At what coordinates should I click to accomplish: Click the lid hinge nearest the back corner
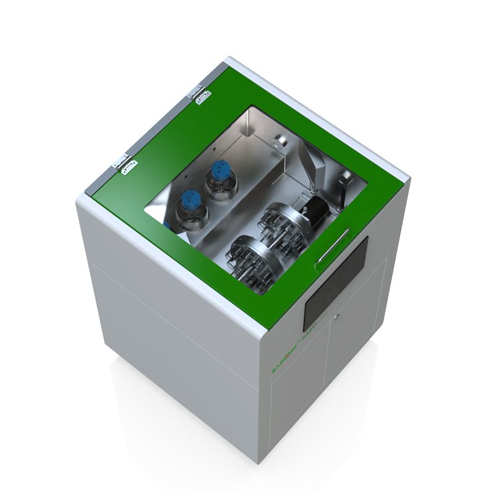click(x=202, y=94)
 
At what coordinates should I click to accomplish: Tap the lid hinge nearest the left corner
click(x=124, y=163)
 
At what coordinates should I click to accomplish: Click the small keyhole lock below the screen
click(x=335, y=317)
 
